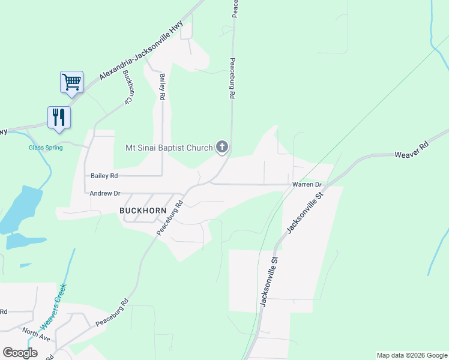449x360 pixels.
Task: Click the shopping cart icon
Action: tap(71, 82)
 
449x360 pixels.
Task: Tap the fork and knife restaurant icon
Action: tap(59, 116)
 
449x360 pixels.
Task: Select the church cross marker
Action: tap(222, 146)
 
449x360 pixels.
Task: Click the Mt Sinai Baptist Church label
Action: tap(169, 148)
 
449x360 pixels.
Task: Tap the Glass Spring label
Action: tap(46, 148)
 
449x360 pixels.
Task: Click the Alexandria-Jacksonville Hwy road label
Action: tap(141, 49)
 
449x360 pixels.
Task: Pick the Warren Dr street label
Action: tap(307, 184)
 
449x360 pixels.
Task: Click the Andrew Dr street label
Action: tap(105, 193)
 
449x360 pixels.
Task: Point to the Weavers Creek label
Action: tap(53, 307)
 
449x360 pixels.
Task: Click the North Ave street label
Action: tap(36, 334)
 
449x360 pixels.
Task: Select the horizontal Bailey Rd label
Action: tap(104, 176)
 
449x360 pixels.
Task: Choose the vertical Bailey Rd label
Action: tap(162, 88)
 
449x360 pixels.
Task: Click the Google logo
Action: tap(20, 353)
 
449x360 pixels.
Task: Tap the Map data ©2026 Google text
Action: tap(411, 355)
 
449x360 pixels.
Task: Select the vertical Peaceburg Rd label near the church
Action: tap(231, 78)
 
